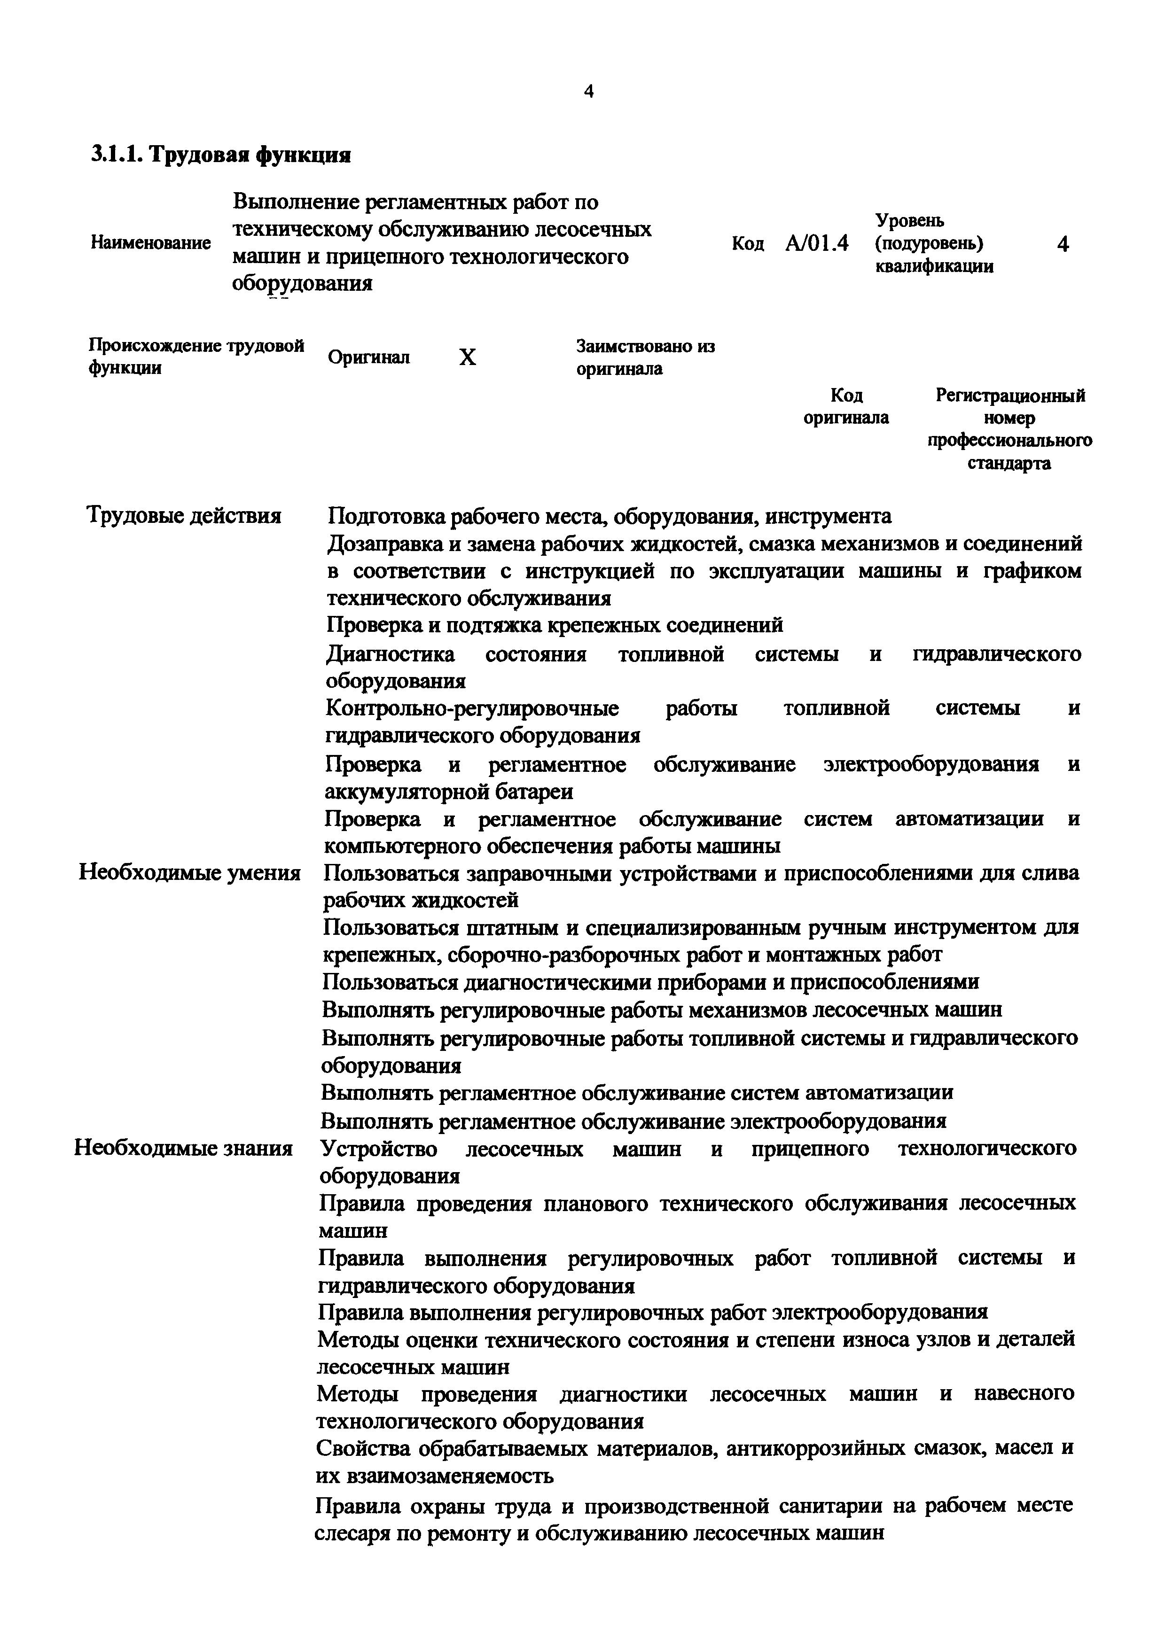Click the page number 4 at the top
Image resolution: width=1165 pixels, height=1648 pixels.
click(588, 91)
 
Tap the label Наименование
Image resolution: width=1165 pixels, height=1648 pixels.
click(151, 243)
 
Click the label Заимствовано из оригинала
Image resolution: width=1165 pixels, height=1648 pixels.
click(645, 358)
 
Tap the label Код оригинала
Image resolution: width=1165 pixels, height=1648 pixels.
click(845, 406)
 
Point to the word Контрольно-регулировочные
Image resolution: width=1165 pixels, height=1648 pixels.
click(472, 708)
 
